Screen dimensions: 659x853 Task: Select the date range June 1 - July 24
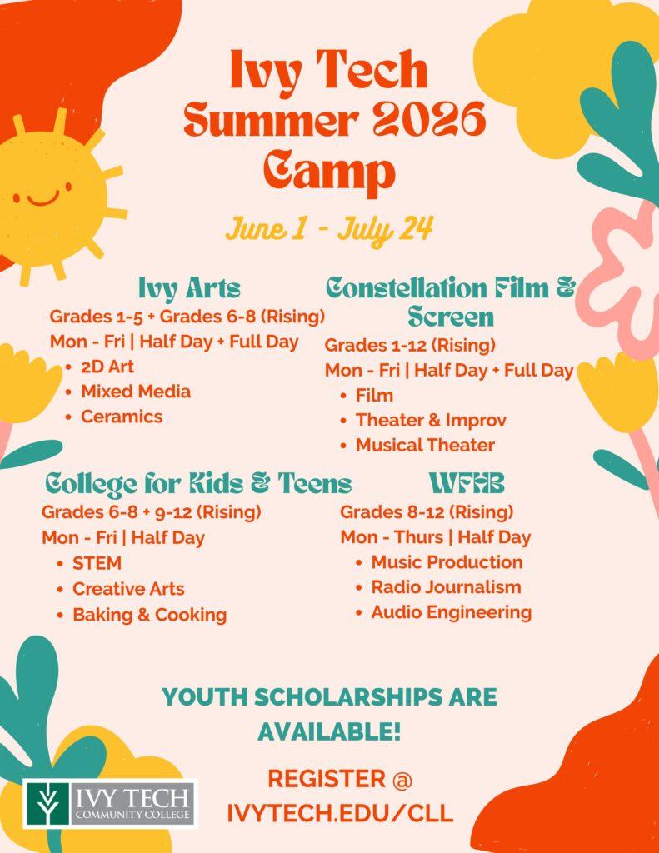(329, 229)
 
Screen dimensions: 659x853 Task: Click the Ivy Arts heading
(189, 287)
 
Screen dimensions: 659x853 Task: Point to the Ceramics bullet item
(122, 417)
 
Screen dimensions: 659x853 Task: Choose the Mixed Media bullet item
(136, 392)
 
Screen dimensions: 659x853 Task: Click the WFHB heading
(467, 483)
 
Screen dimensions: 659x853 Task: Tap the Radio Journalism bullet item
(446, 587)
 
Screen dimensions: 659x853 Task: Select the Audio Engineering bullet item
(451, 612)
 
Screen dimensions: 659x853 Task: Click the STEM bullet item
(97, 564)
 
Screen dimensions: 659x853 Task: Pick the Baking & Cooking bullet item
(150, 616)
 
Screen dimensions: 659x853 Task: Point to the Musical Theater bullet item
(425, 446)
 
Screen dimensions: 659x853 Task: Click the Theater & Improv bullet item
(431, 421)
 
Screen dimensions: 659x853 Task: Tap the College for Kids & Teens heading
(198, 484)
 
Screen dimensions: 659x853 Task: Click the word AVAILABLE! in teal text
(329, 731)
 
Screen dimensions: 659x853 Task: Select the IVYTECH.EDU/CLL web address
(340, 813)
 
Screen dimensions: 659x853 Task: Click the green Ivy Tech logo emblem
(47, 804)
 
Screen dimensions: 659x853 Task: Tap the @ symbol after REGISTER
(402, 780)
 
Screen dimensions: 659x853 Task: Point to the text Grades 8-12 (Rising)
(427, 512)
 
